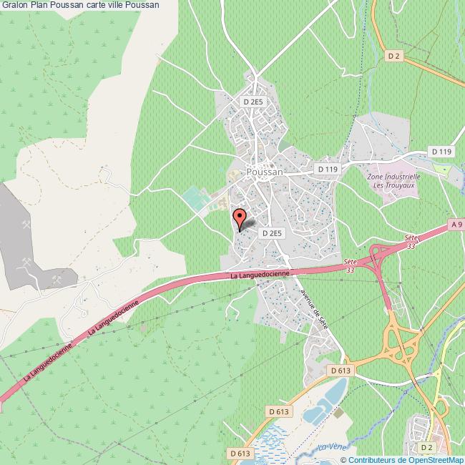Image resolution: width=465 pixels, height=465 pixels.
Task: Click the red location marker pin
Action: (x=240, y=217)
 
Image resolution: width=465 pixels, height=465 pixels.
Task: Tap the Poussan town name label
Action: (x=264, y=172)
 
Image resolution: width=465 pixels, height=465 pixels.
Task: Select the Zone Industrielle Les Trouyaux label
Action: (x=393, y=180)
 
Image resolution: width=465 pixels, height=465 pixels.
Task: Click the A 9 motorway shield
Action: (x=457, y=224)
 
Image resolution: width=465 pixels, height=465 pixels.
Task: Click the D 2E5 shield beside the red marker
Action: (x=273, y=233)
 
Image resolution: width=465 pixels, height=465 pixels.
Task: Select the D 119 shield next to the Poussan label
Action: (x=327, y=169)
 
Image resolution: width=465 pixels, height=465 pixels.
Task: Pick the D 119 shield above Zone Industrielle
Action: (x=441, y=151)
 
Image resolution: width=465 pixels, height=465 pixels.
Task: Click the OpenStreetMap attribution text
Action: (x=402, y=459)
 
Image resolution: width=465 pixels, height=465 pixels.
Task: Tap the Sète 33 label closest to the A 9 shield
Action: (x=410, y=240)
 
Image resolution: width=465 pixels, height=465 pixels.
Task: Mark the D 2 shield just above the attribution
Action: (x=427, y=447)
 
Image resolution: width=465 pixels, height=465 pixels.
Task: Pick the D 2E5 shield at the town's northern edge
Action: (x=253, y=102)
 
